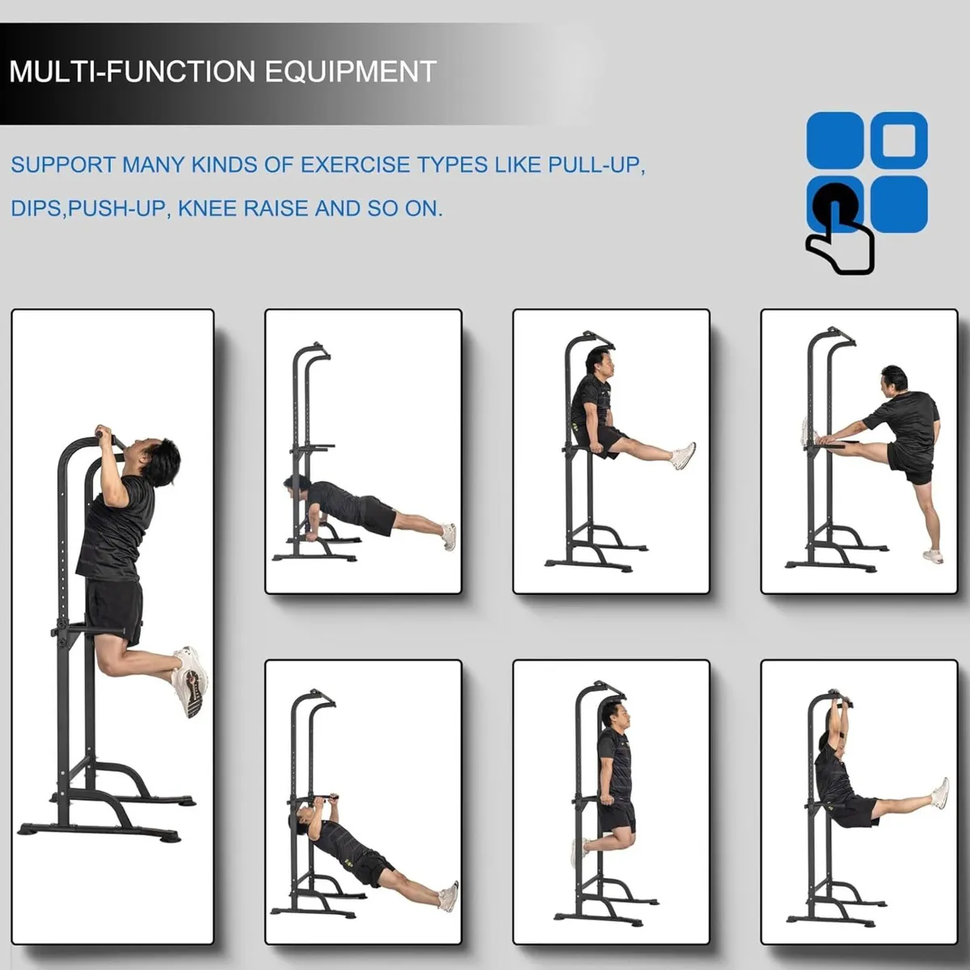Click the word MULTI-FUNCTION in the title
click(133, 72)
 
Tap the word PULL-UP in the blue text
click(596, 165)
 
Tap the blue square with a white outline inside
click(899, 140)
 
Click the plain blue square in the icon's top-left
click(834, 140)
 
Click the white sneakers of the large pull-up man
click(191, 679)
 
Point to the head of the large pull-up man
click(159, 461)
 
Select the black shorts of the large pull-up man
click(115, 610)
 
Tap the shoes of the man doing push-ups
click(449, 537)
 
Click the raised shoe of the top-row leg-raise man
click(683, 456)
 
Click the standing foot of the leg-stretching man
click(933, 556)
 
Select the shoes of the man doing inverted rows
click(449, 896)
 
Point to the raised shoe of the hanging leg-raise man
click(939, 793)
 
